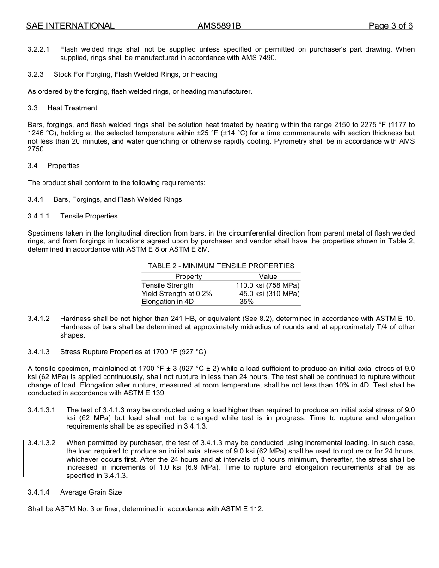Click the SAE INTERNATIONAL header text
pos(70,26)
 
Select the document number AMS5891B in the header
pos(219,26)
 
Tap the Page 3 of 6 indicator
pos(390,26)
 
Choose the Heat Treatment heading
pos(72,108)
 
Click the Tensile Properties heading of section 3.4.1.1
pos(89,216)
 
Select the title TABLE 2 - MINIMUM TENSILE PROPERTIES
pos(221,266)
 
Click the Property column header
pos(188,277)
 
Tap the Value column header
pos(268,277)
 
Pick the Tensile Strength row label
pos(167,285)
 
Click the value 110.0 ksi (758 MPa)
pos(267,285)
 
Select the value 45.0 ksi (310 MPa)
pos(269,294)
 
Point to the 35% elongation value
pos(246,302)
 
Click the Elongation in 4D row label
pos(167,302)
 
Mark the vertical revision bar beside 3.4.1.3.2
pos(24,459)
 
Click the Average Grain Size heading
pos(91,492)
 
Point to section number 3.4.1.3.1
pos(42,410)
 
